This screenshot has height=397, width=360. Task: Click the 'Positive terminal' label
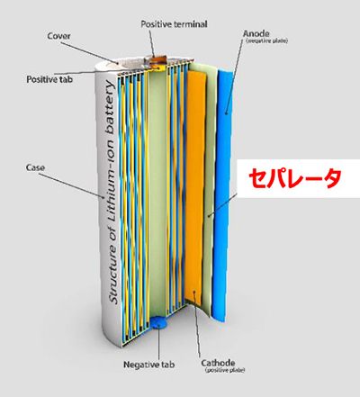point(174,24)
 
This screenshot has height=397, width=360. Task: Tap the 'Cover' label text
point(58,36)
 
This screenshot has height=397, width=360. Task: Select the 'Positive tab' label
point(49,79)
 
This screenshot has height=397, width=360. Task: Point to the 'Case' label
point(35,167)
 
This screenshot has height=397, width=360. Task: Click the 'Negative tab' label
point(149,365)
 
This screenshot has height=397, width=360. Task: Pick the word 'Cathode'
point(218,363)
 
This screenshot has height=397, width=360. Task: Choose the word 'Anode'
point(256,33)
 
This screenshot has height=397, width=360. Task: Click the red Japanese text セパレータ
point(295,179)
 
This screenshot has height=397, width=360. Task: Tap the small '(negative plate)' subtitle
point(266,41)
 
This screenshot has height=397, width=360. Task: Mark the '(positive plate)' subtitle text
point(225,370)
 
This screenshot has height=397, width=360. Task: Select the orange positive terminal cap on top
point(155,59)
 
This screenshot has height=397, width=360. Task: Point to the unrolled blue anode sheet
point(222,195)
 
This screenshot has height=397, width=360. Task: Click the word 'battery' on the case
point(109,107)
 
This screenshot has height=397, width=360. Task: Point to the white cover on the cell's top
point(126,64)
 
